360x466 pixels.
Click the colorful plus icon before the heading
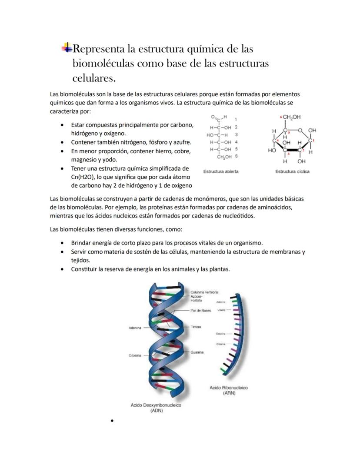coord(67,48)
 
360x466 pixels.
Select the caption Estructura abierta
coord(221,171)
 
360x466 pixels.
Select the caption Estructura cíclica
coord(292,171)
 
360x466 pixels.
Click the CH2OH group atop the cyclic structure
coord(292,117)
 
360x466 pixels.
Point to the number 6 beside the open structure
coord(236,156)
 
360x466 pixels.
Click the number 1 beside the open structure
coord(236,119)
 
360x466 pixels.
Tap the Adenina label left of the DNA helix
coord(135,328)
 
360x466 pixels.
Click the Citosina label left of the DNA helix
coord(134,355)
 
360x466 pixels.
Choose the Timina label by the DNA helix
coord(196,326)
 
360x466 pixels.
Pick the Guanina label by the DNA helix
coord(197,352)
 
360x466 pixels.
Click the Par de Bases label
coord(201,310)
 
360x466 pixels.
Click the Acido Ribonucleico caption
coord(229,387)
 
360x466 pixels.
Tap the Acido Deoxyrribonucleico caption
coord(156,405)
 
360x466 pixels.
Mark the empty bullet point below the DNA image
coord(112,421)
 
